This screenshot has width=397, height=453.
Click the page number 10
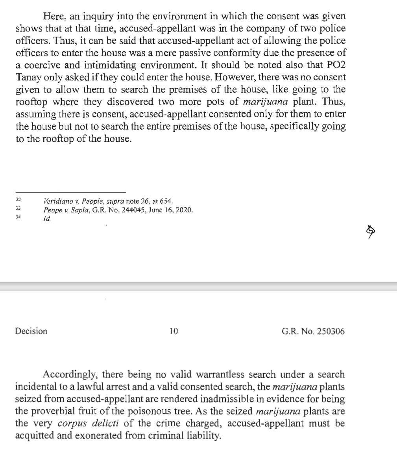174,331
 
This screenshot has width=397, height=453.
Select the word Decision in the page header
31,331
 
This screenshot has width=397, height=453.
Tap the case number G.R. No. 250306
313,331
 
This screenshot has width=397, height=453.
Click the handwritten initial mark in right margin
369,232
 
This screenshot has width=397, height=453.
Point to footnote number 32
18,201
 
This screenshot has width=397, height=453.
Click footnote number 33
18,209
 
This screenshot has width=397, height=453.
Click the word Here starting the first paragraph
53,17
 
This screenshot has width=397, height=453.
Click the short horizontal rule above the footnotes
70,192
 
